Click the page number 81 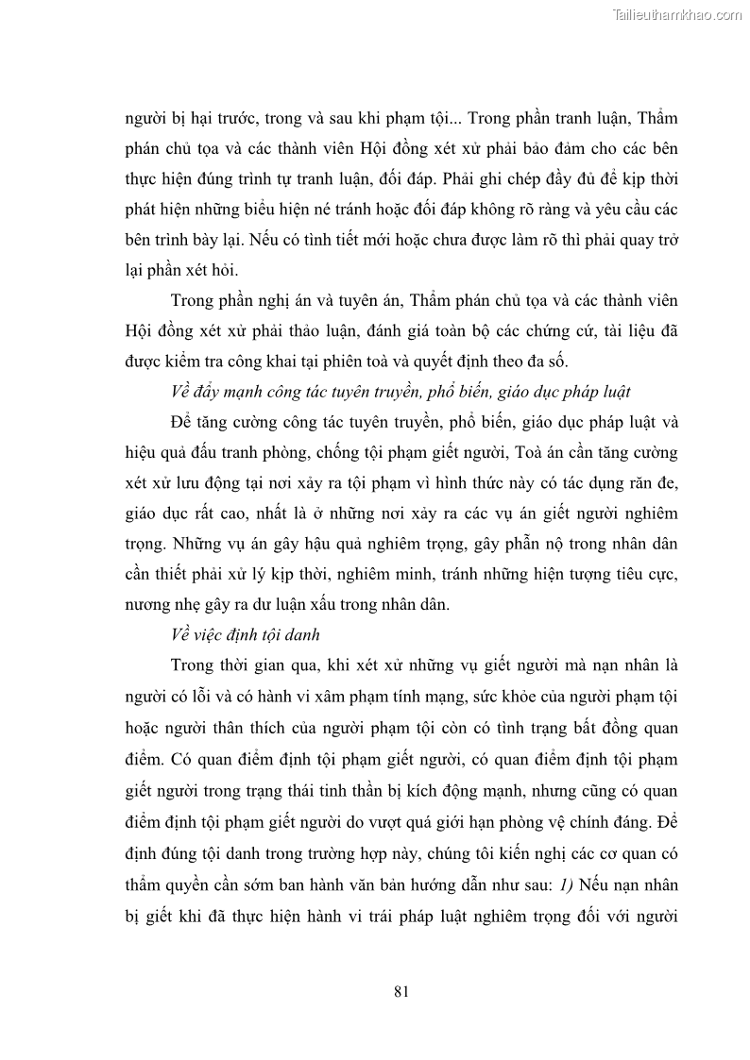(400, 991)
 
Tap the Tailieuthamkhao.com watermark (678, 14)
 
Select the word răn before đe (626, 482)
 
